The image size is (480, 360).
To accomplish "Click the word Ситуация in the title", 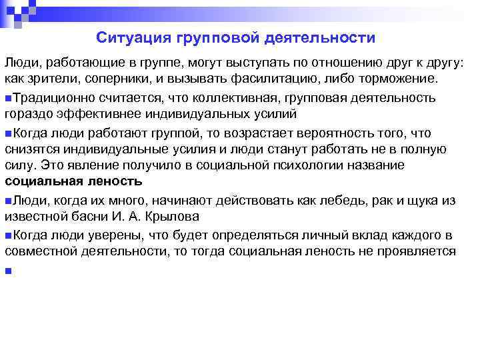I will [x=133, y=38].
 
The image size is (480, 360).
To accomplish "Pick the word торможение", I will [x=398, y=79].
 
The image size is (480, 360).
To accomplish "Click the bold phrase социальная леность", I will [x=73, y=181].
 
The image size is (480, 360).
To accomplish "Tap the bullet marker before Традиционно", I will [x=7, y=99].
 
